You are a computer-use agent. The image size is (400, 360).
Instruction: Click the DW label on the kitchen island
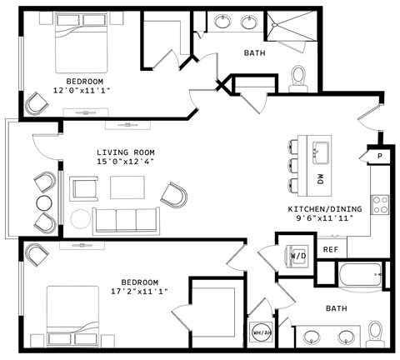tap(321, 179)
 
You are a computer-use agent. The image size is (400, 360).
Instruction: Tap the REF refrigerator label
tap(331, 249)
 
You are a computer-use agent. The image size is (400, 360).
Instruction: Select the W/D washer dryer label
tap(298, 255)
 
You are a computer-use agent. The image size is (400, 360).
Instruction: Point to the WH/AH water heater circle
tap(261, 332)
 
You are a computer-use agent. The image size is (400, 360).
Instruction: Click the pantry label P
tap(380, 156)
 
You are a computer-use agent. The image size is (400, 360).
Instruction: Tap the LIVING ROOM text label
tap(126, 152)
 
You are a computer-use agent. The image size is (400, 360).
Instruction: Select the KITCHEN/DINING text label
tap(325, 208)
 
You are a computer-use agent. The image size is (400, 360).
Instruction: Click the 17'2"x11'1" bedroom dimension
tap(139, 292)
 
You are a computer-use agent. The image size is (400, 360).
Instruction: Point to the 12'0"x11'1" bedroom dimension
tap(82, 90)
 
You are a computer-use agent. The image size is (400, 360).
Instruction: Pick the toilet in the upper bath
tap(298, 78)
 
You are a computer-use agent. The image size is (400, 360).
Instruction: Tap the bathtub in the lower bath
tap(360, 274)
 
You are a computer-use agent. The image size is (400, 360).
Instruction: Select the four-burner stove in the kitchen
tap(380, 205)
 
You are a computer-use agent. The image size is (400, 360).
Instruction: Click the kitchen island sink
tap(321, 152)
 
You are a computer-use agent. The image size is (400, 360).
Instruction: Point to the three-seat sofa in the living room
tap(126, 221)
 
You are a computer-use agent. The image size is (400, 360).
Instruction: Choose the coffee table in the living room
tap(127, 187)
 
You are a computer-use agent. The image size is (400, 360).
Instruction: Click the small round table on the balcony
tap(44, 203)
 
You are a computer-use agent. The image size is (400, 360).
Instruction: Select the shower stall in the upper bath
tap(292, 26)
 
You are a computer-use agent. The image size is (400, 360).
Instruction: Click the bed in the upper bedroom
tap(81, 42)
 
